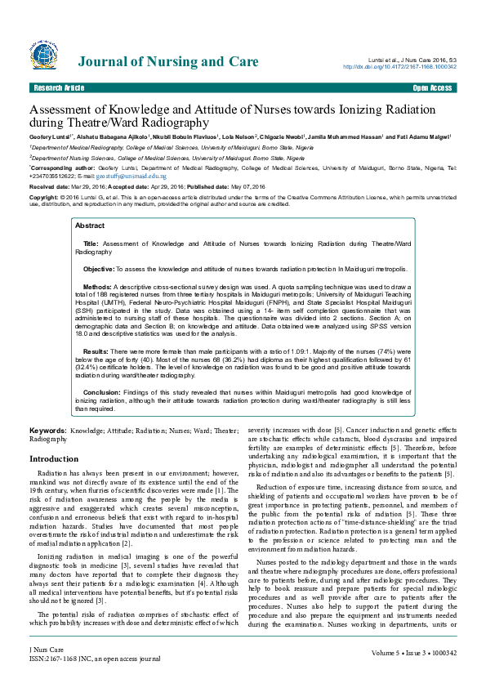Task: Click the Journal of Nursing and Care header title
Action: pyautogui.click(x=168, y=62)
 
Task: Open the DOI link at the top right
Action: pyautogui.click(x=399, y=67)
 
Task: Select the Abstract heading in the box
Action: pyautogui.click(x=90, y=226)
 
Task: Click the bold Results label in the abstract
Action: pyautogui.click(x=96, y=350)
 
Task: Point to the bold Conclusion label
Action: pyautogui.click(x=102, y=392)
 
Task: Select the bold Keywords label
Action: pyautogui.click(x=48, y=431)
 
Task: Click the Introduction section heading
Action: pyautogui.click(x=54, y=459)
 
